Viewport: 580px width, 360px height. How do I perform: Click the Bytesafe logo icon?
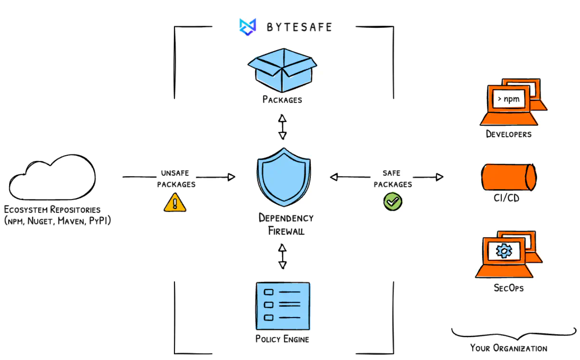(x=248, y=26)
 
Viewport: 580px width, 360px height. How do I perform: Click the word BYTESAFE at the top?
(x=299, y=27)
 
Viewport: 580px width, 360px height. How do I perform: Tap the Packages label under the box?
(x=282, y=100)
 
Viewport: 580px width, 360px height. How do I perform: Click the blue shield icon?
(x=284, y=177)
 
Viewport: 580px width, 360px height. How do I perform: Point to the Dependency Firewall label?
(x=286, y=224)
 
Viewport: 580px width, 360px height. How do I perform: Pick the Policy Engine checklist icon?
(x=283, y=305)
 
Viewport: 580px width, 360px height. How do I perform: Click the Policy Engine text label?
(x=282, y=338)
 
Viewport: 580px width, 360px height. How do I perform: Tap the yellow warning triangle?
(x=175, y=202)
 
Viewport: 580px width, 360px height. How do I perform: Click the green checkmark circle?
(x=393, y=201)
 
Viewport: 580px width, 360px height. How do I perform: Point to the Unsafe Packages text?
(x=176, y=179)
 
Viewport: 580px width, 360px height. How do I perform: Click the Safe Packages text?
(x=393, y=179)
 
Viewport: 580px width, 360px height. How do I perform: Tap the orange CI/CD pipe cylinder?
(x=509, y=177)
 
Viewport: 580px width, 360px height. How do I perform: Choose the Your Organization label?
(x=509, y=348)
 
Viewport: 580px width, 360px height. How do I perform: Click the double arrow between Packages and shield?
(x=283, y=126)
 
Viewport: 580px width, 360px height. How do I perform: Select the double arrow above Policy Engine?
(x=283, y=256)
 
